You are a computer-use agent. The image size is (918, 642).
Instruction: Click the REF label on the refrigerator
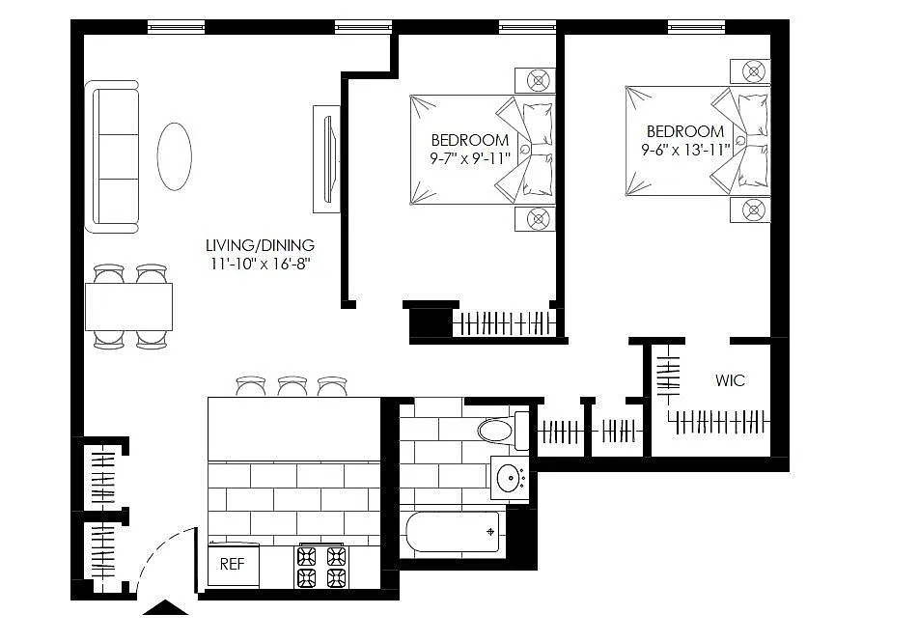[232, 564]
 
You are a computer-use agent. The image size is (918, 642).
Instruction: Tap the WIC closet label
[730, 380]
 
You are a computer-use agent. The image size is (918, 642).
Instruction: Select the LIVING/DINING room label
[260, 245]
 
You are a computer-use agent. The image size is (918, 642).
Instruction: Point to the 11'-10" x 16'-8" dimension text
[260, 265]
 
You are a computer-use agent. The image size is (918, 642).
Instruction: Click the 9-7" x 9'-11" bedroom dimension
[470, 158]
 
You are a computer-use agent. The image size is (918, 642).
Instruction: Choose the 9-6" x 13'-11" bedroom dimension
[685, 150]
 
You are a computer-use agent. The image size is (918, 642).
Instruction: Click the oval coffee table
[175, 156]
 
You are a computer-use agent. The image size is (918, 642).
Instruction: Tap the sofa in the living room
[112, 157]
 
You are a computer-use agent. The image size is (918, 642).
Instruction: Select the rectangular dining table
[128, 307]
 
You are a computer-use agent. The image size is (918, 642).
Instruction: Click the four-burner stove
[320, 567]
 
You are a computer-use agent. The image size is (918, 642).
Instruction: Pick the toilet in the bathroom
[503, 432]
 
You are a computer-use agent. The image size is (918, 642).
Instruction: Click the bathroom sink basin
[510, 478]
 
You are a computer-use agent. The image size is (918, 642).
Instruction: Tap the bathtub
[453, 532]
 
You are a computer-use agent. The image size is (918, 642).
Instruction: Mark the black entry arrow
[166, 608]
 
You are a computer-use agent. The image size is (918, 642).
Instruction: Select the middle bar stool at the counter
[292, 386]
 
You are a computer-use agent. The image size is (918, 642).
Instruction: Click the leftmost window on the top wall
[177, 26]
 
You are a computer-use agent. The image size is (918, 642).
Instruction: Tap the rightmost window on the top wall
[697, 26]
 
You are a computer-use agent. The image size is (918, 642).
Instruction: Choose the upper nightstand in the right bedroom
[750, 71]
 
